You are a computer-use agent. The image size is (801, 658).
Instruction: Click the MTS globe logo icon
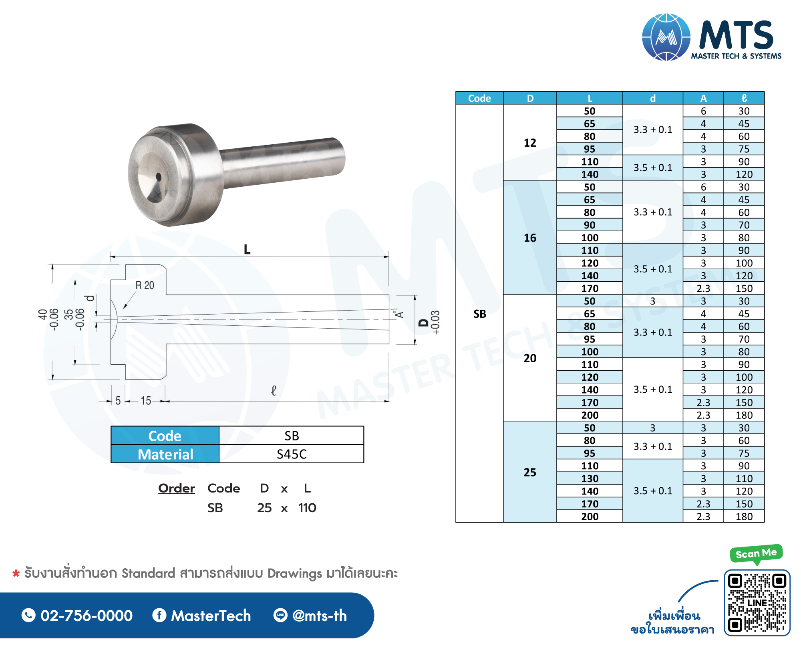tap(666, 37)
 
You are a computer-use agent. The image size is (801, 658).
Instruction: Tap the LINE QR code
tap(757, 603)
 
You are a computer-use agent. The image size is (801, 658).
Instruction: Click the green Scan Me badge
tap(756, 553)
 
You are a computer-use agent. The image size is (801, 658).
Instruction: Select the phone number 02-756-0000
tap(87, 616)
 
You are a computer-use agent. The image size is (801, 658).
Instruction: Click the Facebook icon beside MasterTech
tap(159, 615)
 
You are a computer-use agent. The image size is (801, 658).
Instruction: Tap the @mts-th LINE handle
tap(320, 616)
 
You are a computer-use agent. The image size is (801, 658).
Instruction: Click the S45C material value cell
tap(292, 454)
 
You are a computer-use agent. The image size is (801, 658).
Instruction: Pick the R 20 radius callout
tap(145, 285)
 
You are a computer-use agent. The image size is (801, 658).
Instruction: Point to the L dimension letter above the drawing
tap(247, 250)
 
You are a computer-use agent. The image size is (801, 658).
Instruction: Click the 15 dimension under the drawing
tap(146, 400)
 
